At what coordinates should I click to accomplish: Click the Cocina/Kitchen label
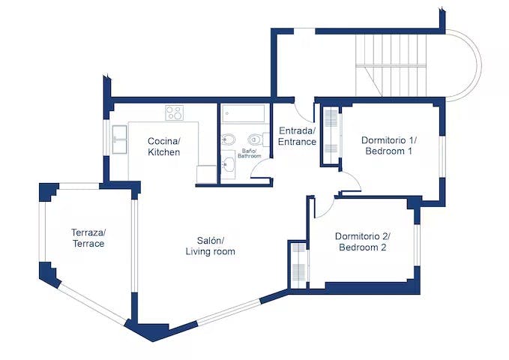(163, 146)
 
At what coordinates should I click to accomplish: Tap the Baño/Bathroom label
(247, 154)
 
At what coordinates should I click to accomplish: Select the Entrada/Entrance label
(297, 136)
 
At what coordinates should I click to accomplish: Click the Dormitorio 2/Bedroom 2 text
(362, 241)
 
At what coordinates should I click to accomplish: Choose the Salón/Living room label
(210, 246)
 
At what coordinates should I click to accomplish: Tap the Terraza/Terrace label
(88, 238)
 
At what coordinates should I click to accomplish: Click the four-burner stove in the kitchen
(174, 112)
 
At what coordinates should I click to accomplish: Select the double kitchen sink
(120, 139)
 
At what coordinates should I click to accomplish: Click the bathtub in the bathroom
(244, 114)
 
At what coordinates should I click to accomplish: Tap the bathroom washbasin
(229, 165)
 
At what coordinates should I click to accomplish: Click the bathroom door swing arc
(262, 169)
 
